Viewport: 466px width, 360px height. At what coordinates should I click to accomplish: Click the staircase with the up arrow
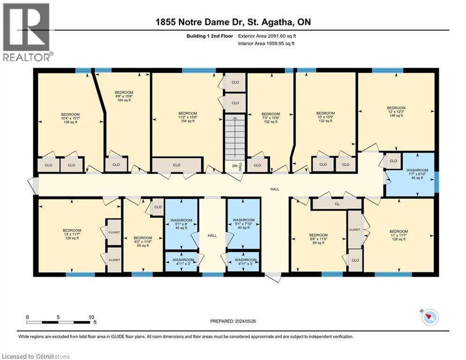point(235,136)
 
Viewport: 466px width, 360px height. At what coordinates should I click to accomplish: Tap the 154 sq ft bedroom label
point(187,117)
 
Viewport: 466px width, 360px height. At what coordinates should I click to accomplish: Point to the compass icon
point(430,318)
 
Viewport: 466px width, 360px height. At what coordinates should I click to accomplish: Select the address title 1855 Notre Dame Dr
point(233,22)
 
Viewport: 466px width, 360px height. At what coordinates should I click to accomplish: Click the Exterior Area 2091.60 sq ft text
point(267,36)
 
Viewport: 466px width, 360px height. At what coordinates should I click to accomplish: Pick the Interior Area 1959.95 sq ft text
point(266,44)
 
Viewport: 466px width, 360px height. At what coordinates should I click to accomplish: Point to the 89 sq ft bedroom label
point(318,239)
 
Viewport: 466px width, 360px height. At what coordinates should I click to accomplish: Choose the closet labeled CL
point(336,204)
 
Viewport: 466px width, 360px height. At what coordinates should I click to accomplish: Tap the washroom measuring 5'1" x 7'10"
point(244,224)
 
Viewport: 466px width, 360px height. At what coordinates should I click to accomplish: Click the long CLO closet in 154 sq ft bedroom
point(177,165)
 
